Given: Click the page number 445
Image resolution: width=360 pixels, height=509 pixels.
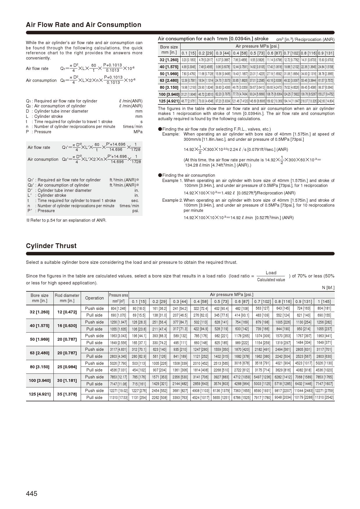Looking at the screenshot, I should click(x=32, y=494).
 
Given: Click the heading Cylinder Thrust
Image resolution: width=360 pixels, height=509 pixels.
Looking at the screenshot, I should click(x=51, y=246).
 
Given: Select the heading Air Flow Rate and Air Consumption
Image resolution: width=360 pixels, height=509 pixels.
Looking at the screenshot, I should click(x=83, y=25).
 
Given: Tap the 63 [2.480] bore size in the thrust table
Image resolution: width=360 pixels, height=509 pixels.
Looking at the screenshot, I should click(x=39, y=353).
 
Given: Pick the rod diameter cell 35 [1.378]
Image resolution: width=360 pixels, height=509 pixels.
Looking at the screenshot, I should click(x=67, y=394).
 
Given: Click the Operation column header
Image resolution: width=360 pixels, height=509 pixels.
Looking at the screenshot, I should click(x=94, y=298).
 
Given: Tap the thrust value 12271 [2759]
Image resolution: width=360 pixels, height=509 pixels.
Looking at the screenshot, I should click(x=324, y=391).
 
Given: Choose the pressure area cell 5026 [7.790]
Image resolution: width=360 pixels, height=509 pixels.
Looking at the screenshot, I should click(x=118, y=363).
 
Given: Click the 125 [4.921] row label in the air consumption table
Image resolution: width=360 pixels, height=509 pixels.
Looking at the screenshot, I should click(x=169, y=101).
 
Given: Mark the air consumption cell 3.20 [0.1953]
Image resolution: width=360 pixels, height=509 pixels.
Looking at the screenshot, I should click(x=188, y=60).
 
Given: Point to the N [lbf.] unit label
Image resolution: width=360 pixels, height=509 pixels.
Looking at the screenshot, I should click(x=328, y=288).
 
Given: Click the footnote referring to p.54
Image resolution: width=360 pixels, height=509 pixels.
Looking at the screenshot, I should click(x=66, y=220).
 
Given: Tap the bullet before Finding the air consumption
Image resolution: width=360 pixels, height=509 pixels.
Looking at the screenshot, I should click(x=160, y=175).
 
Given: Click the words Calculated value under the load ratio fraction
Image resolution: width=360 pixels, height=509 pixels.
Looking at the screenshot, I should click(x=271, y=280).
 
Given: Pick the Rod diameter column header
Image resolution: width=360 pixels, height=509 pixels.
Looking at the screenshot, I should click(x=67, y=298).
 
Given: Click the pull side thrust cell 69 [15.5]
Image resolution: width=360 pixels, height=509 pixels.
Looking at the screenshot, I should click(x=139, y=315).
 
